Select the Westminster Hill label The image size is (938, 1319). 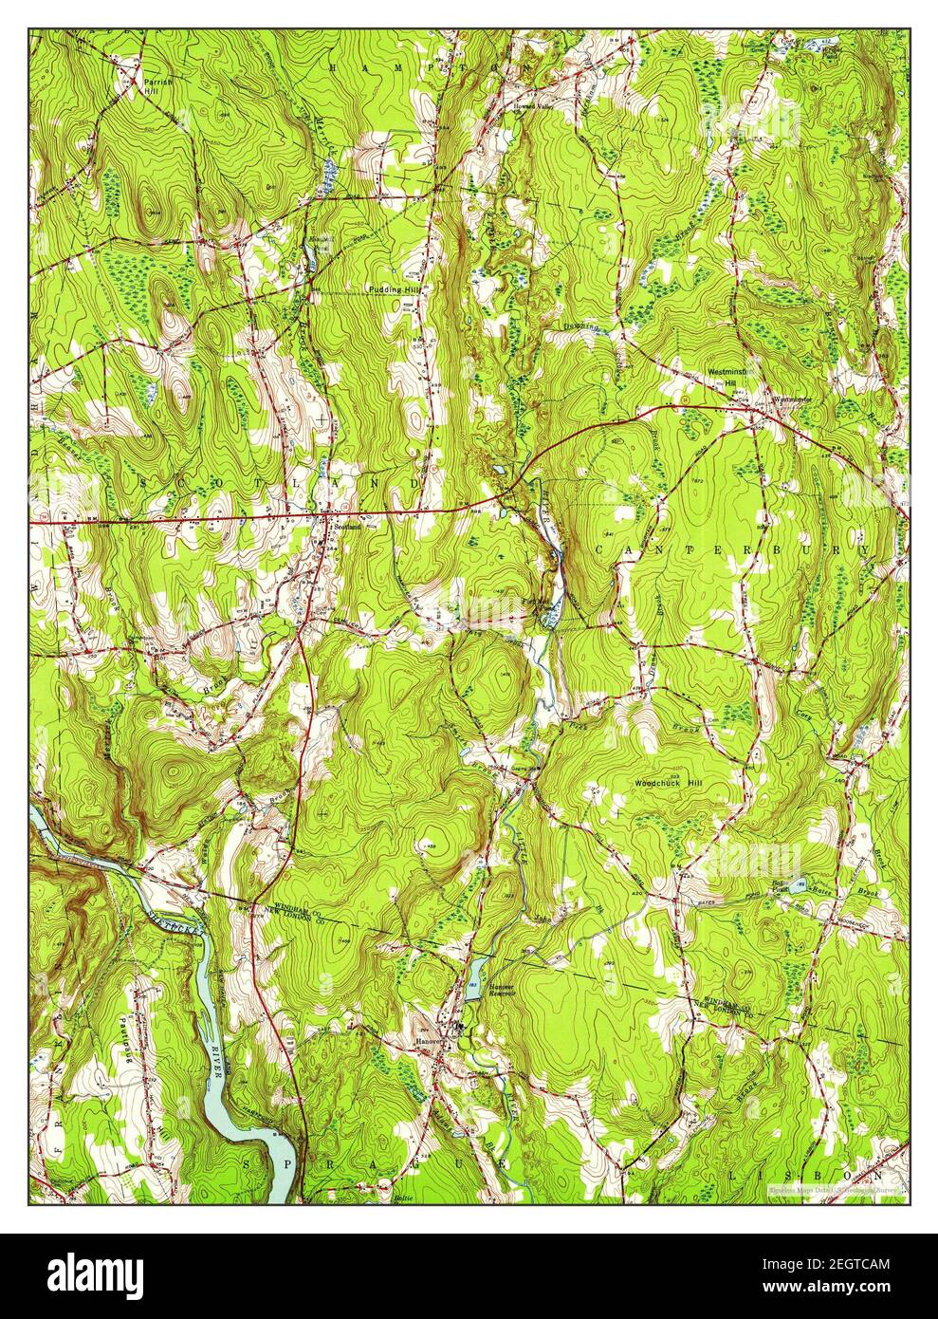coord(729,377)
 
